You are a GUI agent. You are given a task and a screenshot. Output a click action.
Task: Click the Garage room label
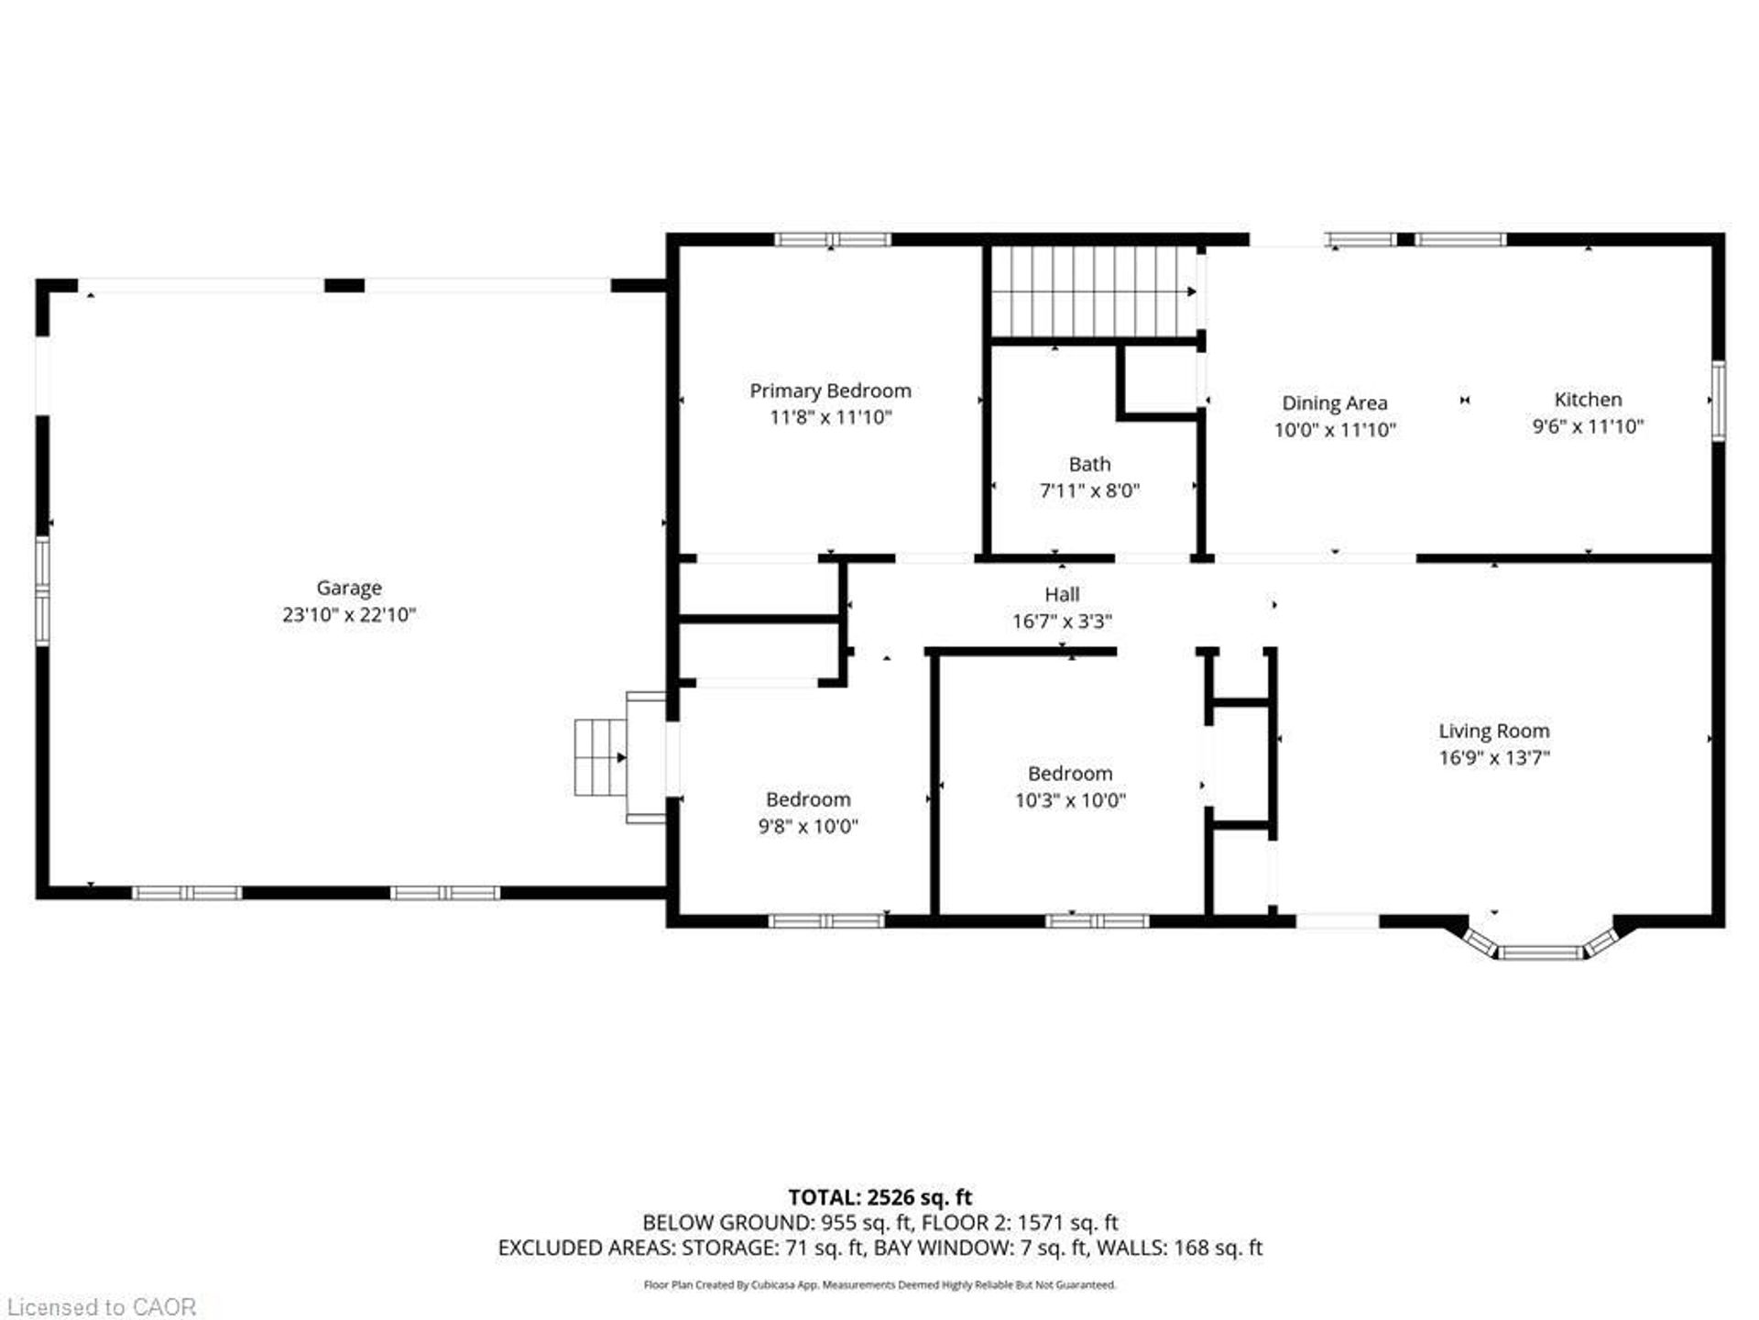349,588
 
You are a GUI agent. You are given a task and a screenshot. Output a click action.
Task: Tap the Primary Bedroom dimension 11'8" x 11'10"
830,418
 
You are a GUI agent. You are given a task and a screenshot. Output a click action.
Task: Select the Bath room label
1089,465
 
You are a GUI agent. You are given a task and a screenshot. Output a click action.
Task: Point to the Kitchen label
1588,400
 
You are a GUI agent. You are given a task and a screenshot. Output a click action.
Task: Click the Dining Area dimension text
1335,430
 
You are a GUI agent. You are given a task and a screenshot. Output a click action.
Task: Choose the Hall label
1062,595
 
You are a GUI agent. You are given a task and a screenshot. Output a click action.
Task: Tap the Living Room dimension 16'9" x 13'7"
1493,758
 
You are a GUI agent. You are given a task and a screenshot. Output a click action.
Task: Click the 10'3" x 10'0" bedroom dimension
1069,800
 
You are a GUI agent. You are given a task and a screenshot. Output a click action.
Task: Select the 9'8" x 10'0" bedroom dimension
807,827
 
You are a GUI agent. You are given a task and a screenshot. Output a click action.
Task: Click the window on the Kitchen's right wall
1719,401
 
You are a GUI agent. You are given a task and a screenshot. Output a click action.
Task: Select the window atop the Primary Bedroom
832,240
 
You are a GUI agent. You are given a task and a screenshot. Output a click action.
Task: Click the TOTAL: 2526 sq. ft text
879,1197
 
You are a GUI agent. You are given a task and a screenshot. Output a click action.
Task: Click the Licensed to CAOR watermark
101,1306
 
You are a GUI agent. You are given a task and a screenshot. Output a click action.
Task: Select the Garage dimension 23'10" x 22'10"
349,615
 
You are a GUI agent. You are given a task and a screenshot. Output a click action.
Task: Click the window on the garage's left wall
42,591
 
